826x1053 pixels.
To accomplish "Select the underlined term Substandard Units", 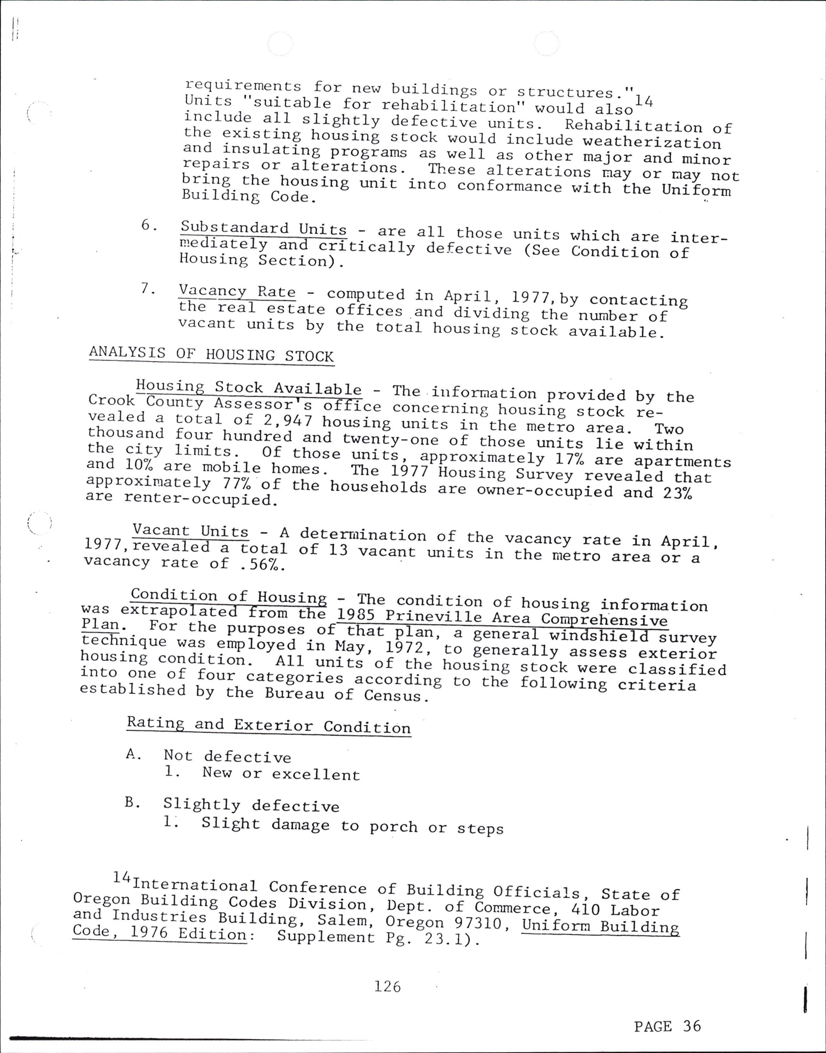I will pos(264,228).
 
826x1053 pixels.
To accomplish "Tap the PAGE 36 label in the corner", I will pos(667,1026).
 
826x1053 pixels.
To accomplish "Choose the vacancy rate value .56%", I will pos(262,564).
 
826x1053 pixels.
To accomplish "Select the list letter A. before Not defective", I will pos(133,754).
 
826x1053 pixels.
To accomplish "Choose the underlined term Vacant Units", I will pos(191,531).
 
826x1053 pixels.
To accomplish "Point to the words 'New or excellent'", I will pos(281,774).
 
